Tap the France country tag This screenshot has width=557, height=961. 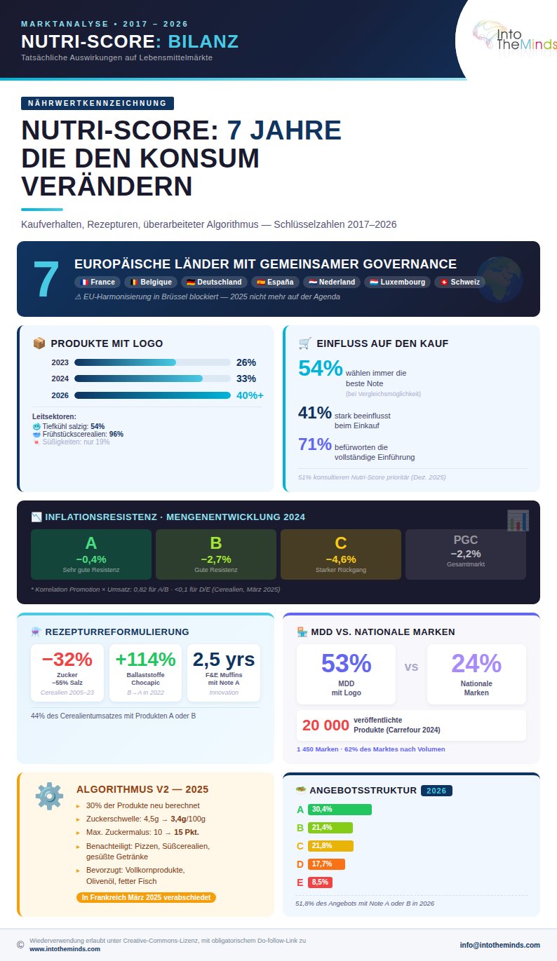[x=97, y=282]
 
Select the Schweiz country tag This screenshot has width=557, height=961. [x=459, y=282]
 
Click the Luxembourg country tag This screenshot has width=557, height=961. [x=397, y=282]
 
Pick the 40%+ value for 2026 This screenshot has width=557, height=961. [x=250, y=395]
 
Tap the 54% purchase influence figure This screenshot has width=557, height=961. [x=320, y=369]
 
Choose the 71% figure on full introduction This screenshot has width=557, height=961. [x=314, y=444]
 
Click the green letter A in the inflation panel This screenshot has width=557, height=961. [x=91, y=543]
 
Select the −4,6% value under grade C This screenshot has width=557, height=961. [x=341, y=559]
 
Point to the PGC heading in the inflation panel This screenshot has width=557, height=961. [x=466, y=540]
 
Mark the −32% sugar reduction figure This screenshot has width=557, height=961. [x=67, y=660]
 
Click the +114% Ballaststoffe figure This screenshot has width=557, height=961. [x=145, y=660]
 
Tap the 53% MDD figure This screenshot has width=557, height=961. [x=346, y=663]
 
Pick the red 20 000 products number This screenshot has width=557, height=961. [x=326, y=725]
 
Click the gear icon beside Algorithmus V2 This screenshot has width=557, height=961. [x=48, y=796]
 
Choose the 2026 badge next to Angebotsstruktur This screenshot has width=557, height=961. [x=436, y=791]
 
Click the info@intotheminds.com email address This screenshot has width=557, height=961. [x=499, y=945]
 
